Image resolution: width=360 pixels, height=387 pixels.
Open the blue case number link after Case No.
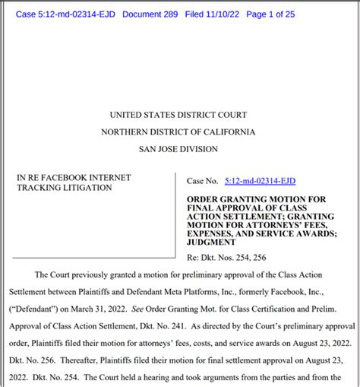click(x=261, y=181)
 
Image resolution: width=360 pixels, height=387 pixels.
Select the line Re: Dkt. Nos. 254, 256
click(x=227, y=258)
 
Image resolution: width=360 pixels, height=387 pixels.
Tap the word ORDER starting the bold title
click(x=204, y=197)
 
